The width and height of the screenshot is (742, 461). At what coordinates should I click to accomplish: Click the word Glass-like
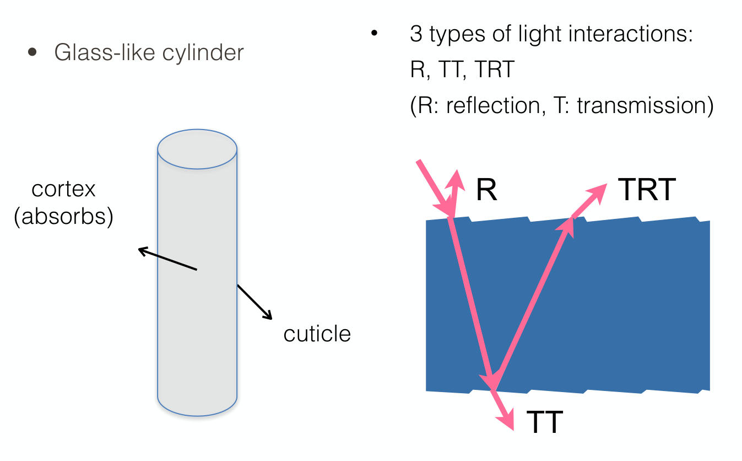(105, 52)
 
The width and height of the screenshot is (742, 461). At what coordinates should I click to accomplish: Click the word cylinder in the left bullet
(203, 53)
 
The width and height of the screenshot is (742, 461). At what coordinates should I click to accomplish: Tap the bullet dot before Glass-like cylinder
(33, 52)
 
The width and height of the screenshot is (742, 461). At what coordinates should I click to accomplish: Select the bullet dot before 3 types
(375, 33)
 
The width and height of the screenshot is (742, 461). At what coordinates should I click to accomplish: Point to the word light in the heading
(540, 35)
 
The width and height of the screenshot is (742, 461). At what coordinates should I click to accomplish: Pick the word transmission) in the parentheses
(645, 106)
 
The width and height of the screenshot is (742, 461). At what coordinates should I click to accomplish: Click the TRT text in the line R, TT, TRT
(495, 69)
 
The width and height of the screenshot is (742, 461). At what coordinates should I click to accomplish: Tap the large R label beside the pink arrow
(486, 189)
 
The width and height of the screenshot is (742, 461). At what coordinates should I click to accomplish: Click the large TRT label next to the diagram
(647, 189)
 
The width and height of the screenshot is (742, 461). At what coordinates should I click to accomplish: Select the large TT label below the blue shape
(545, 422)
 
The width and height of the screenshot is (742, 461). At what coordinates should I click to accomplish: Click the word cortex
(63, 189)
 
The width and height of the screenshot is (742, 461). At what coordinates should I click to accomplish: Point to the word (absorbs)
(63, 217)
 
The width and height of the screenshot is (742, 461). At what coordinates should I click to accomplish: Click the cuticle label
(317, 334)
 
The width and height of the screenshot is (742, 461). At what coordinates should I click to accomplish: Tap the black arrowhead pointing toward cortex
(143, 251)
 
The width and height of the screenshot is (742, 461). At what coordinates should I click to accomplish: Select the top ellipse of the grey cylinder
(197, 149)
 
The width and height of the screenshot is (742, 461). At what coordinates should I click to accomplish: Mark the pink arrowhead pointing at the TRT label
(598, 192)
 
